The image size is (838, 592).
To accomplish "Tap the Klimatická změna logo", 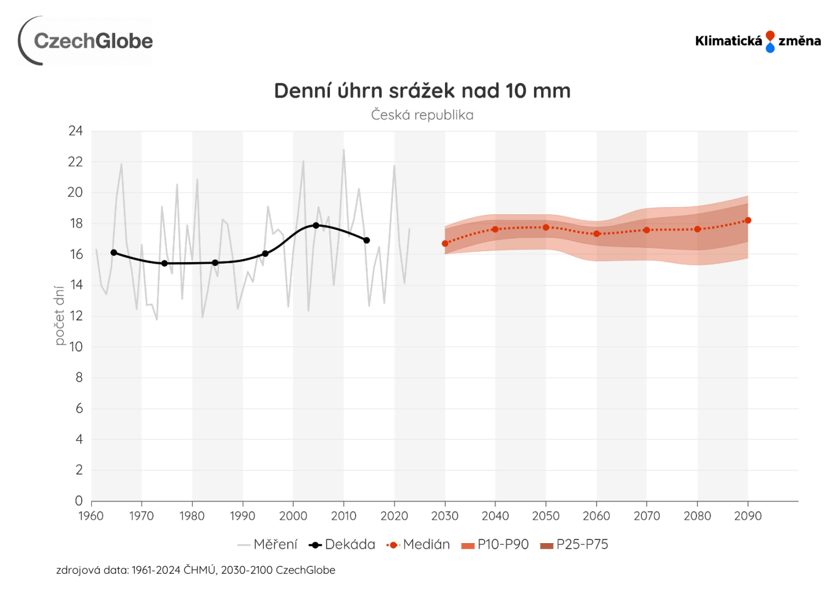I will click(x=757, y=41).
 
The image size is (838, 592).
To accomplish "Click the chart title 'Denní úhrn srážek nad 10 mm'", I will click(x=422, y=91).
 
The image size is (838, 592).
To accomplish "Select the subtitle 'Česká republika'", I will click(x=422, y=115).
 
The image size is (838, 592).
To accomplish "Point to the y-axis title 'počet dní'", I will click(x=59, y=315).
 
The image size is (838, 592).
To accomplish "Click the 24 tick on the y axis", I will click(x=76, y=131).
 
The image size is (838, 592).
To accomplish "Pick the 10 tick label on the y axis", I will click(x=76, y=346).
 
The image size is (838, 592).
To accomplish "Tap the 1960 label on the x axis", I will click(x=91, y=516).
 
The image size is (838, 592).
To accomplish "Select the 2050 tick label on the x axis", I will click(x=545, y=516).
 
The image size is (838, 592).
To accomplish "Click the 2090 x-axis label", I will click(x=747, y=516).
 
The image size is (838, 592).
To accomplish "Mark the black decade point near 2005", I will click(x=316, y=225).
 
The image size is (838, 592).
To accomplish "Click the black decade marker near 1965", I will click(x=114, y=253).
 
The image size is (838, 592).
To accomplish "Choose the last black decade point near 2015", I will click(x=367, y=240).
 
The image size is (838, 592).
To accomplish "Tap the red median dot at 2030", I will click(x=445, y=243).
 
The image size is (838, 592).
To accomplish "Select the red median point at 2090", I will click(x=748, y=220).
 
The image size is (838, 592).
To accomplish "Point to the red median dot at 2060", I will click(x=597, y=234).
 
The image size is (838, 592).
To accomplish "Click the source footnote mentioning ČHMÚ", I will click(x=195, y=570).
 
